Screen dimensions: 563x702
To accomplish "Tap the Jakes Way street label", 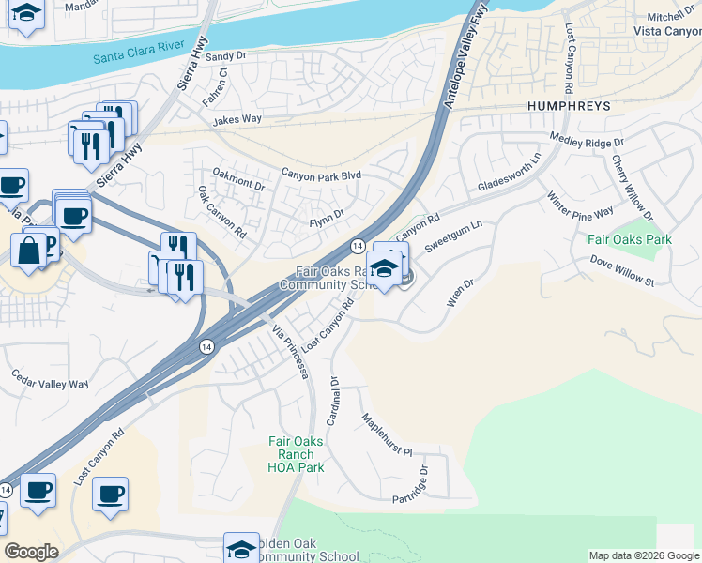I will click(x=237, y=120).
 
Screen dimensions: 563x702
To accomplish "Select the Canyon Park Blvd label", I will click(x=321, y=175).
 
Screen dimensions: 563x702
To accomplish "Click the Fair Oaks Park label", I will click(x=630, y=239).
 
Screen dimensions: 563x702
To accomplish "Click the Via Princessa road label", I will click(x=290, y=352).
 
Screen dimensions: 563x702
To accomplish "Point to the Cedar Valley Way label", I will click(x=50, y=384).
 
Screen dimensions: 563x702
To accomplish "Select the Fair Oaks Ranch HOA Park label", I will click(x=296, y=454).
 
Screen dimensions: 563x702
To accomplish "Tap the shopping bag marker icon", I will click(x=29, y=251).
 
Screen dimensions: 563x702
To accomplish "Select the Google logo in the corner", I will click(x=31, y=552).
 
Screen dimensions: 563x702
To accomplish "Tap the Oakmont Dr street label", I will click(x=238, y=179).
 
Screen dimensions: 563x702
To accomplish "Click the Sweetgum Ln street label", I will click(x=453, y=235).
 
